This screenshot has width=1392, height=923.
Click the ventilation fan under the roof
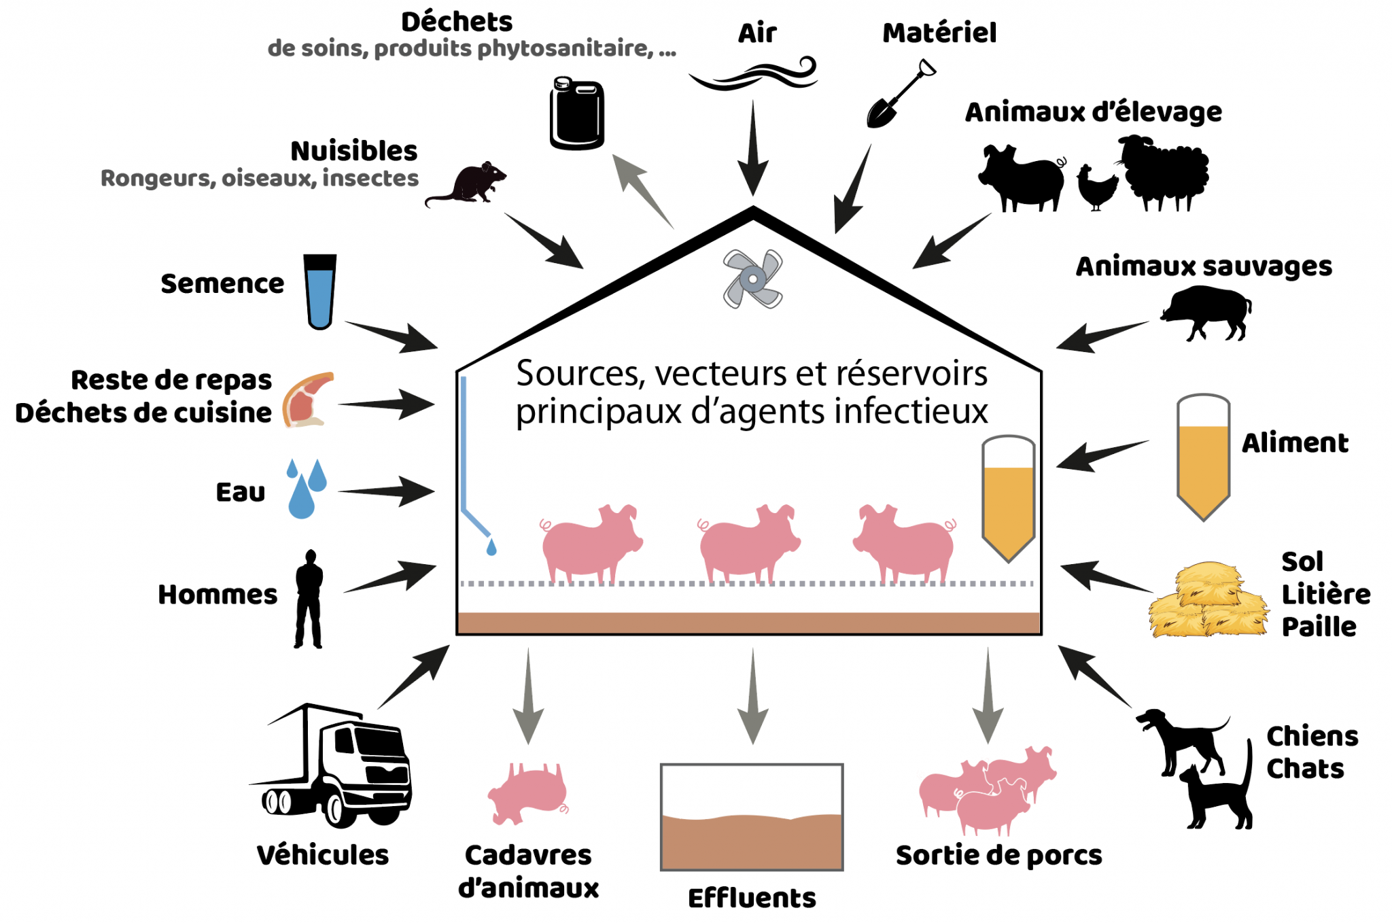(x=752, y=279)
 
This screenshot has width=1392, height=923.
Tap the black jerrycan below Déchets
(x=576, y=114)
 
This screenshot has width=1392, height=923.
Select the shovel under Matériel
(x=899, y=95)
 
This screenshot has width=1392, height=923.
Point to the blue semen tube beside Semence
(x=319, y=292)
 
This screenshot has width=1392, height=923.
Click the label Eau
(x=240, y=492)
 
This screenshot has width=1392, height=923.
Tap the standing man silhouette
(x=309, y=599)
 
